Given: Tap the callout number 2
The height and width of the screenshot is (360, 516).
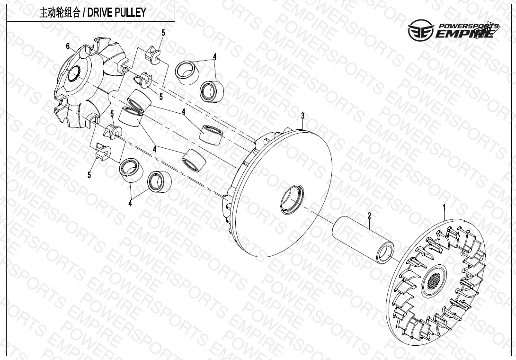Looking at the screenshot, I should (x=369, y=216).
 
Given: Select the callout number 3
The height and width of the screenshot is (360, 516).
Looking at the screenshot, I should (x=302, y=116).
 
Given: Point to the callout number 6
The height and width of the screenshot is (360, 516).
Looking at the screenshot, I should (x=68, y=46).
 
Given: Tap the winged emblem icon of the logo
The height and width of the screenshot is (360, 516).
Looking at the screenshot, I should (x=419, y=30).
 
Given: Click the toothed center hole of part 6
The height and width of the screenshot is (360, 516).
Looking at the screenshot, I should (x=73, y=74).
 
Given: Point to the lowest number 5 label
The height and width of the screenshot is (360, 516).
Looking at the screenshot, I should (x=89, y=175).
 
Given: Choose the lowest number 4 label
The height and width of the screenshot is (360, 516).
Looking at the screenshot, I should (x=130, y=203).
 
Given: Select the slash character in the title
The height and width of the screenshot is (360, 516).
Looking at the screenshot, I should (x=84, y=13).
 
